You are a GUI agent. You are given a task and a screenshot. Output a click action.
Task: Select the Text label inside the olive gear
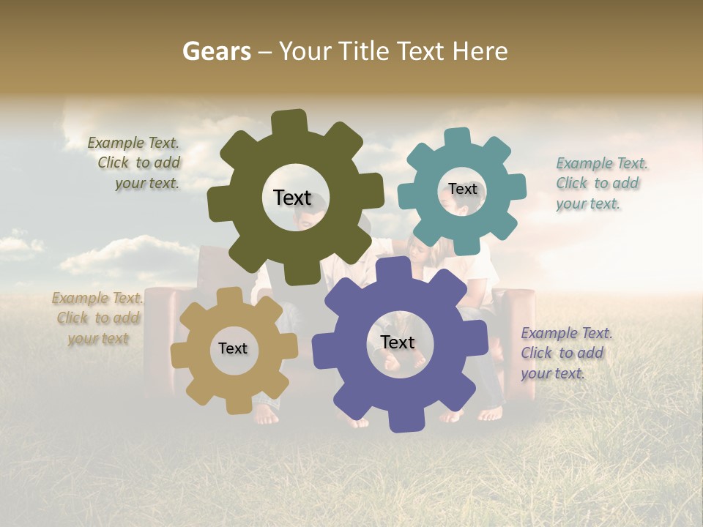(x=292, y=198)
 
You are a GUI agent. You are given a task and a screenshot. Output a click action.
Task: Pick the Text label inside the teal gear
(x=462, y=189)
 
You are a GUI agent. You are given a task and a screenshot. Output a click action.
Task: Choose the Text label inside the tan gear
(x=233, y=348)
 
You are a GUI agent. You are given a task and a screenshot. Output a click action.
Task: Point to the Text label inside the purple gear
(x=398, y=342)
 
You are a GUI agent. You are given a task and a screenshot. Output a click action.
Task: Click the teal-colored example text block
(x=600, y=184)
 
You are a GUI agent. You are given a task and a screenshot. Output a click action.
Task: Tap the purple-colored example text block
(x=565, y=353)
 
